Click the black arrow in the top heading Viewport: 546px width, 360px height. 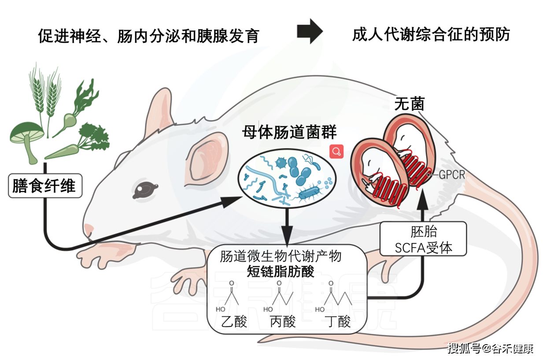pyautogui.click(x=310, y=32)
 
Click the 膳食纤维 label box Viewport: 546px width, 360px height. pyautogui.click(x=44, y=186)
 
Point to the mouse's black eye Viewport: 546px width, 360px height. pyautogui.click(x=145, y=189)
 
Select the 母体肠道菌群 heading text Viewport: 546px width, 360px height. pyautogui.click(x=289, y=132)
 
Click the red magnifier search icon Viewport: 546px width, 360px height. pyautogui.click(x=337, y=152)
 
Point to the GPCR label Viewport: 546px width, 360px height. pyautogui.click(x=452, y=175)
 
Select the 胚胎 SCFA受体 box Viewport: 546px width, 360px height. pyautogui.click(x=423, y=239)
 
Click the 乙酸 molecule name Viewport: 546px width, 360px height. pyautogui.click(x=234, y=322)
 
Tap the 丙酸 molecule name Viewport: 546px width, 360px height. pyautogui.click(x=282, y=322)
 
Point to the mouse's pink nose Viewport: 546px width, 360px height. pyautogui.click(x=89, y=230)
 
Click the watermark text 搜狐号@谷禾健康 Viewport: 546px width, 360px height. pyautogui.click(x=491, y=349)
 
